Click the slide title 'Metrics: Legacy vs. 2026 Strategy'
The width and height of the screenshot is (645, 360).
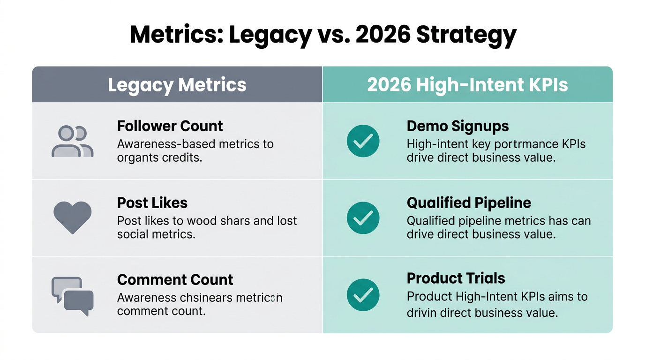coord(322,35)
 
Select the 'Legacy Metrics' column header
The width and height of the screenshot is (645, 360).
coord(177,85)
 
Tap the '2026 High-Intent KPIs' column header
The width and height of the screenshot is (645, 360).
coord(467,85)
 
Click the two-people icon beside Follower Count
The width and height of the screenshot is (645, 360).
coord(72,141)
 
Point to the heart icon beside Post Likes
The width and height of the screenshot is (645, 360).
coord(72,217)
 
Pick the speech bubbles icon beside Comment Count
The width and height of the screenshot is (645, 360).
coord(72,296)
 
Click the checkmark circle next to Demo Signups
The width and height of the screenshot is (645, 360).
coord(363,141)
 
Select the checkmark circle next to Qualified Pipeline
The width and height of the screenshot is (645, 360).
coord(363,218)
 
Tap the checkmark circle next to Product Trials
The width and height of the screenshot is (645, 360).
coord(363,295)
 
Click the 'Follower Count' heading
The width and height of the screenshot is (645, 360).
coord(170,126)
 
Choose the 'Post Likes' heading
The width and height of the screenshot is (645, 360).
coord(152,203)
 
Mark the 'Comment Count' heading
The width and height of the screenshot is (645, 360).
coord(175,280)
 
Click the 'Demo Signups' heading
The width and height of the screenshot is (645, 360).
coord(457,126)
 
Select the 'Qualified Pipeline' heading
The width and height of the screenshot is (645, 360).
coord(469,203)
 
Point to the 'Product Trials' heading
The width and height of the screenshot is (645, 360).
coord(456,278)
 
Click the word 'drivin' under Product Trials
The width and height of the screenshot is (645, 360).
coord(421,313)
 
